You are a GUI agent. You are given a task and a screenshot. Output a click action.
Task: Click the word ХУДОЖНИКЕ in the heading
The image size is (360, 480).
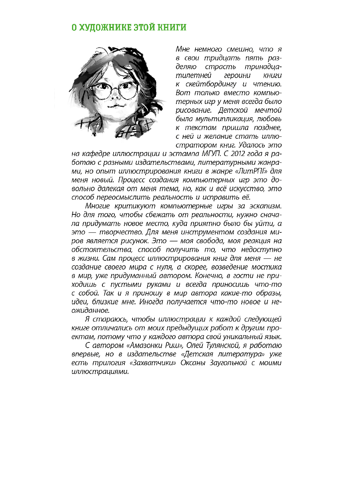point(102,28)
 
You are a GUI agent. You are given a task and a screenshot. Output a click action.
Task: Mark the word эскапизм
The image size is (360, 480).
point(265,206)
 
